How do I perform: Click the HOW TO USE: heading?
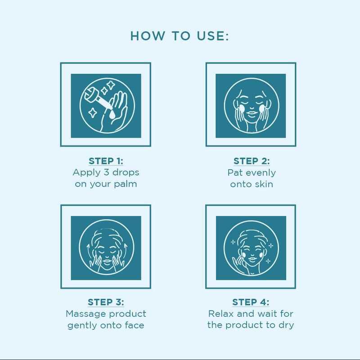[x=180, y=36]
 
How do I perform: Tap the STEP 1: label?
[x=106, y=161]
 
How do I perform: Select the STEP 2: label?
[x=252, y=161]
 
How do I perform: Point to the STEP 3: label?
[x=106, y=302]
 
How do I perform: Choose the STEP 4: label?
[x=251, y=302]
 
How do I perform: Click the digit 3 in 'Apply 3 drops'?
[x=106, y=172]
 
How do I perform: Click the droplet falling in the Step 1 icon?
[x=112, y=115]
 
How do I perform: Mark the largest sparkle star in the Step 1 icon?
[x=112, y=85]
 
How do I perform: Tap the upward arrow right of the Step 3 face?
[x=126, y=250]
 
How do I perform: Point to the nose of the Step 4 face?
[x=252, y=254]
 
